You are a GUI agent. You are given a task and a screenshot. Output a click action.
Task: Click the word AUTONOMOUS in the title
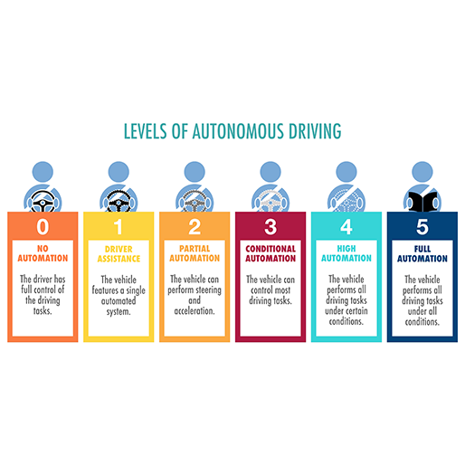coord(238,131)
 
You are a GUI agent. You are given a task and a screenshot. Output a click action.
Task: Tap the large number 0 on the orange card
coord(43,227)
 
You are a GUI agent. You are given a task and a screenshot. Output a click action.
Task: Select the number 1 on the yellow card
coord(118,227)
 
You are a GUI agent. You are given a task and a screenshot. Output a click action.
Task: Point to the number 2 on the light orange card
coord(195,227)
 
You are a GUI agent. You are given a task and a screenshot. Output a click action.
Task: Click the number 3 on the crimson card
coord(270,227)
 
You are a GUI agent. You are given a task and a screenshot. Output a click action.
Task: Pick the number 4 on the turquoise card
coord(346,227)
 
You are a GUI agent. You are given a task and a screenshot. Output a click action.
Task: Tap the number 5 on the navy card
coord(422,227)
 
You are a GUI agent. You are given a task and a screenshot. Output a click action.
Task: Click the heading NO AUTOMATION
coord(43,253)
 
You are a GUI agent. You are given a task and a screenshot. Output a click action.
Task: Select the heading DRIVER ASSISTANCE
coord(119,254)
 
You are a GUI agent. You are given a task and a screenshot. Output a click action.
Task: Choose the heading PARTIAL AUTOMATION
coord(195,253)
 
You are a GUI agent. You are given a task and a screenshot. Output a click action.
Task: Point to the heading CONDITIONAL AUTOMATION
coord(270,253)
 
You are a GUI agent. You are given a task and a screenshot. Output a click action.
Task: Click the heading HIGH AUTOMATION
coord(346,253)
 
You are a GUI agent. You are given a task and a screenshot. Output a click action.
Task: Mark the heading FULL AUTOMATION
coord(422,253)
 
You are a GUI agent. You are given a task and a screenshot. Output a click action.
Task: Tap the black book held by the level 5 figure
coord(422,202)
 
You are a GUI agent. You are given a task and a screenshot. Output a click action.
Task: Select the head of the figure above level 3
coord(270,172)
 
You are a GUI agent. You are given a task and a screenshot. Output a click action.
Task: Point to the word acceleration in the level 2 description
coord(195,311)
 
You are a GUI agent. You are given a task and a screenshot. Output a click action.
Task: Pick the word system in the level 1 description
coord(119,312)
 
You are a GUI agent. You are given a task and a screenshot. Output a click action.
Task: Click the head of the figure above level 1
coord(119,172)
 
